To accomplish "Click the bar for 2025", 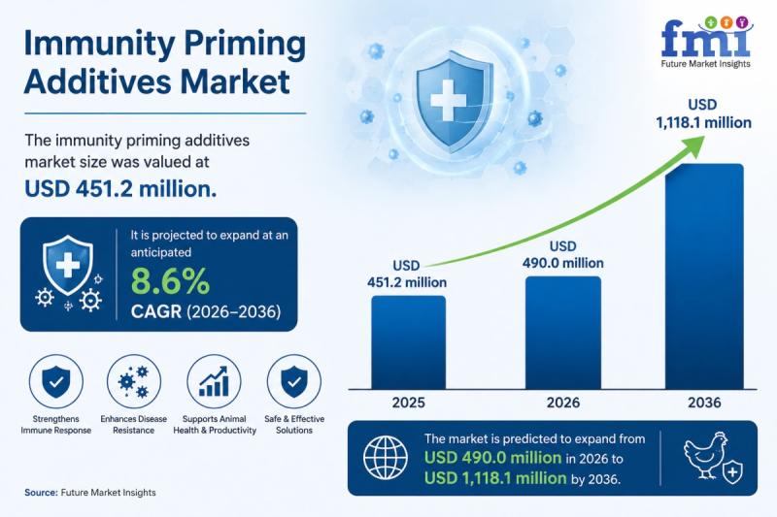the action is [x=408, y=342].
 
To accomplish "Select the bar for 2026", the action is [x=563, y=333].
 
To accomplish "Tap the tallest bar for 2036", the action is [x=704, y=276].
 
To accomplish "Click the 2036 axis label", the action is [x=704, y=403].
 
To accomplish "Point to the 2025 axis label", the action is [x=408, y=403].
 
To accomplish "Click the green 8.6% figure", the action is [x=170, y=281].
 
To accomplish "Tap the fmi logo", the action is [x=706, y=42].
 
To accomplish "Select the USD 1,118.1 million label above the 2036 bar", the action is [x=703, y=113].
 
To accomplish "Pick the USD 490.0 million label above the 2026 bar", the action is [x=563, y=255].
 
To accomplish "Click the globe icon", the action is [x=386, y=458].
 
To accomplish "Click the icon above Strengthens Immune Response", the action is [x=56, y=381].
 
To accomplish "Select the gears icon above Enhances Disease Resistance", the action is [x=134, y=381].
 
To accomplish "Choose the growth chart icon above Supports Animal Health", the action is [x=214, y=381].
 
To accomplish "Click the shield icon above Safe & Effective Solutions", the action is [x=294, y=381].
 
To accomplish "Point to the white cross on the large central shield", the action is [x=448, y=101].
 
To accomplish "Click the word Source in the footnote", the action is [x=41, y=492].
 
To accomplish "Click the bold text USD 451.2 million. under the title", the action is [x=120, y=189].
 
